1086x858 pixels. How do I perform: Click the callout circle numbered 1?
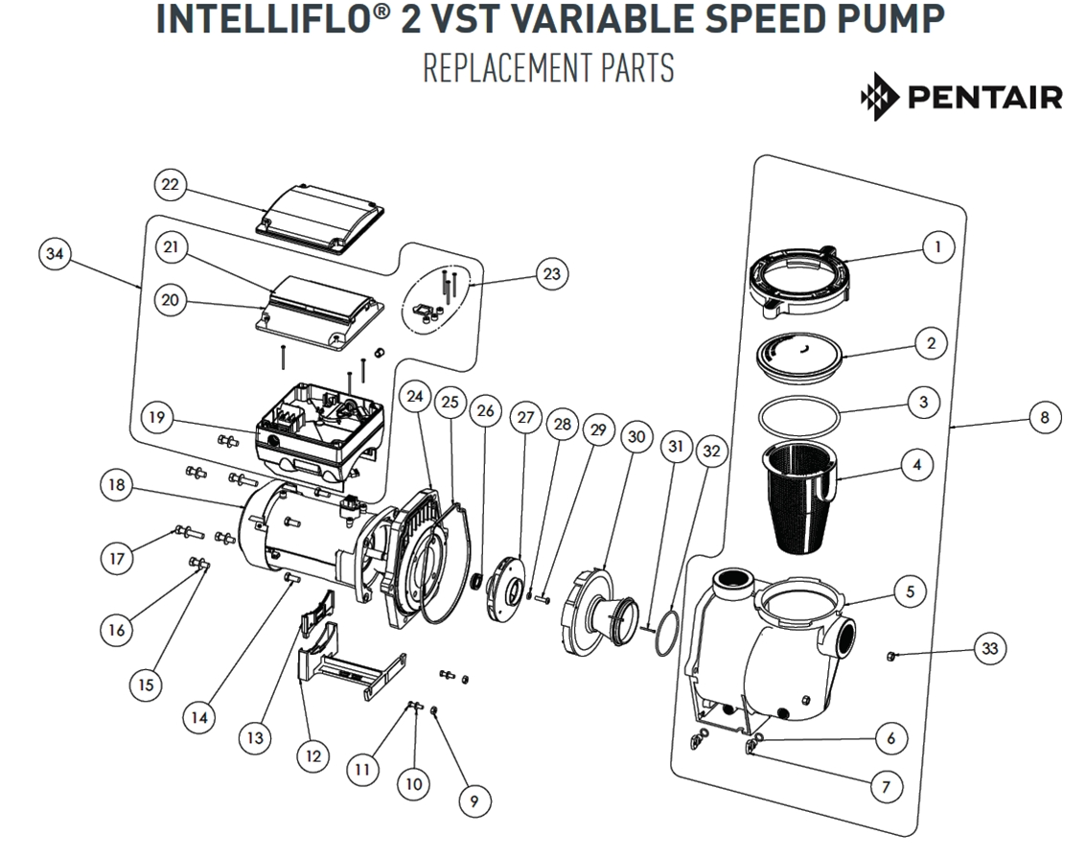tap(937, 246)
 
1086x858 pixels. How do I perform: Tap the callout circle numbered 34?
tap(57, 254)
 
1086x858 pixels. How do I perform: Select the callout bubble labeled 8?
tap(1044, 418)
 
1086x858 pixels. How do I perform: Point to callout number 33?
tap(989, 649)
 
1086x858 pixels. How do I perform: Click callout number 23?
tap(550, 274)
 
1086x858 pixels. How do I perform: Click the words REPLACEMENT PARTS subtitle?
tap(547, 69)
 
